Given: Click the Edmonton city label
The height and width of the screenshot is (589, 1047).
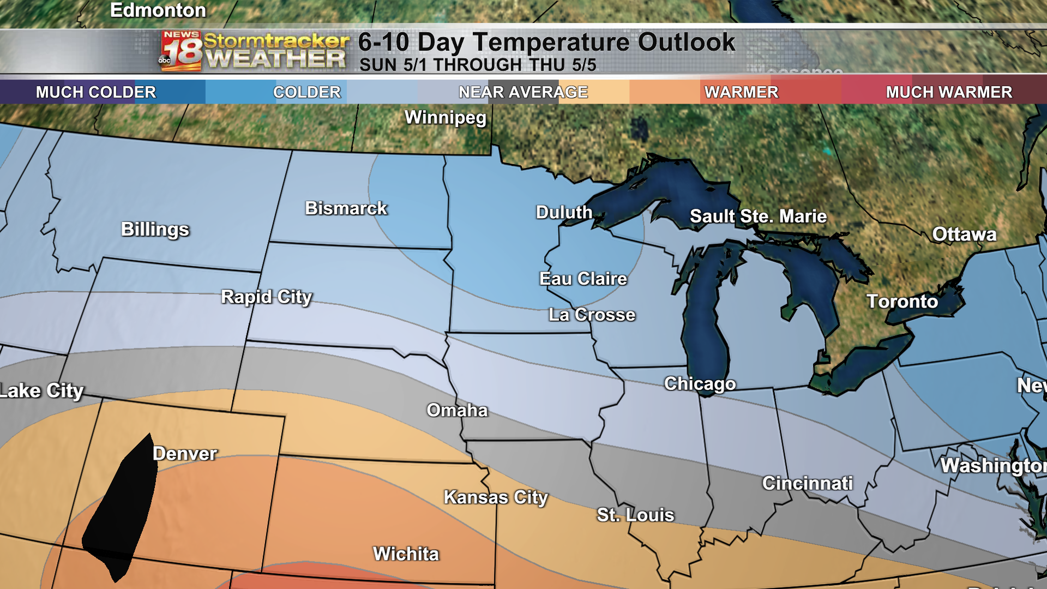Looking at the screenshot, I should [x=158, y=10].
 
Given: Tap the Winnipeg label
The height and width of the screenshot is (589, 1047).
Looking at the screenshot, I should [x=445, y=117].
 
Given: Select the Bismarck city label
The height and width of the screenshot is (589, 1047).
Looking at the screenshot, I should [x=346, y=208].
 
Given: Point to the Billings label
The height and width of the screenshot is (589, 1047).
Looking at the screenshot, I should [x=155, y=230].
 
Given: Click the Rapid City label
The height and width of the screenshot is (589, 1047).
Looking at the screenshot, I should [x=266, y=297].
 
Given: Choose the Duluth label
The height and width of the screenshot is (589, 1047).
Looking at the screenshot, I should [x=564, y=212].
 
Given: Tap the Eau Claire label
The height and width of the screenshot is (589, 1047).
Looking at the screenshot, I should [x=583, y=279].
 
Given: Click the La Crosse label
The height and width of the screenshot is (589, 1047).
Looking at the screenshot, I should [x=592, y=315].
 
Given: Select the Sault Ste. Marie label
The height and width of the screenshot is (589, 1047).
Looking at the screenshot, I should [x=758, y=217].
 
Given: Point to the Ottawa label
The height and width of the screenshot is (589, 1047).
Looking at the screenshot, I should [x=964, y=235].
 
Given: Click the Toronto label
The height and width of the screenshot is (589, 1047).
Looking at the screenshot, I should [x=902, y=302].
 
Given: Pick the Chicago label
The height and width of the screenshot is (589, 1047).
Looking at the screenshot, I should [x=700, y=384].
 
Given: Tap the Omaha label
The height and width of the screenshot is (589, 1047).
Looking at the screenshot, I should [x=457, y=410].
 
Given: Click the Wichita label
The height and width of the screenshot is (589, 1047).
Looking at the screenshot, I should [x=406, y=554].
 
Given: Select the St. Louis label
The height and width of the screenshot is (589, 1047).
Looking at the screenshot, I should [x=635, y=515].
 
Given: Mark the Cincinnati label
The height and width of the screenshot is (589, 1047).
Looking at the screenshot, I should [x=807, y=483].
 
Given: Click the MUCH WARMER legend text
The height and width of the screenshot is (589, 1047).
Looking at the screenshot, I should [x=949, y=92].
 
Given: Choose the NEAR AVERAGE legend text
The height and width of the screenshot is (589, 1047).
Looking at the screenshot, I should [x=523, y=92].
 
